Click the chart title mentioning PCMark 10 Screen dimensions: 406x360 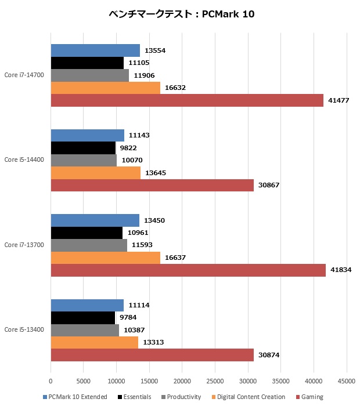click(x=181, y=13)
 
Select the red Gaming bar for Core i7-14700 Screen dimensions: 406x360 click(x=187, y=100)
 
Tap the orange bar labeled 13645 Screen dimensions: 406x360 click(x=96, y=172)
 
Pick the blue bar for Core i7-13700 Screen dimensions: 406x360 click(x=95, y=220)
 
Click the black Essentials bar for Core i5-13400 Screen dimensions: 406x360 click(x=83, y=318)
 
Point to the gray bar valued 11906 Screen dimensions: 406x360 click(x=90, y=75)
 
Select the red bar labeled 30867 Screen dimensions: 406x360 click(x=152, y=185)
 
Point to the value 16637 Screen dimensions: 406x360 click(x=174, y=258)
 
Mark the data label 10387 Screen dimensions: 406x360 click(x=132, y=330)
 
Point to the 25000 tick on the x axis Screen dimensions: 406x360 click(x=215, y=381)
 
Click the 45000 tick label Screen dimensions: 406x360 click(x=347, y=381)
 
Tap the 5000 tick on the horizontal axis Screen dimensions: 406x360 click(x=84, y=381)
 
